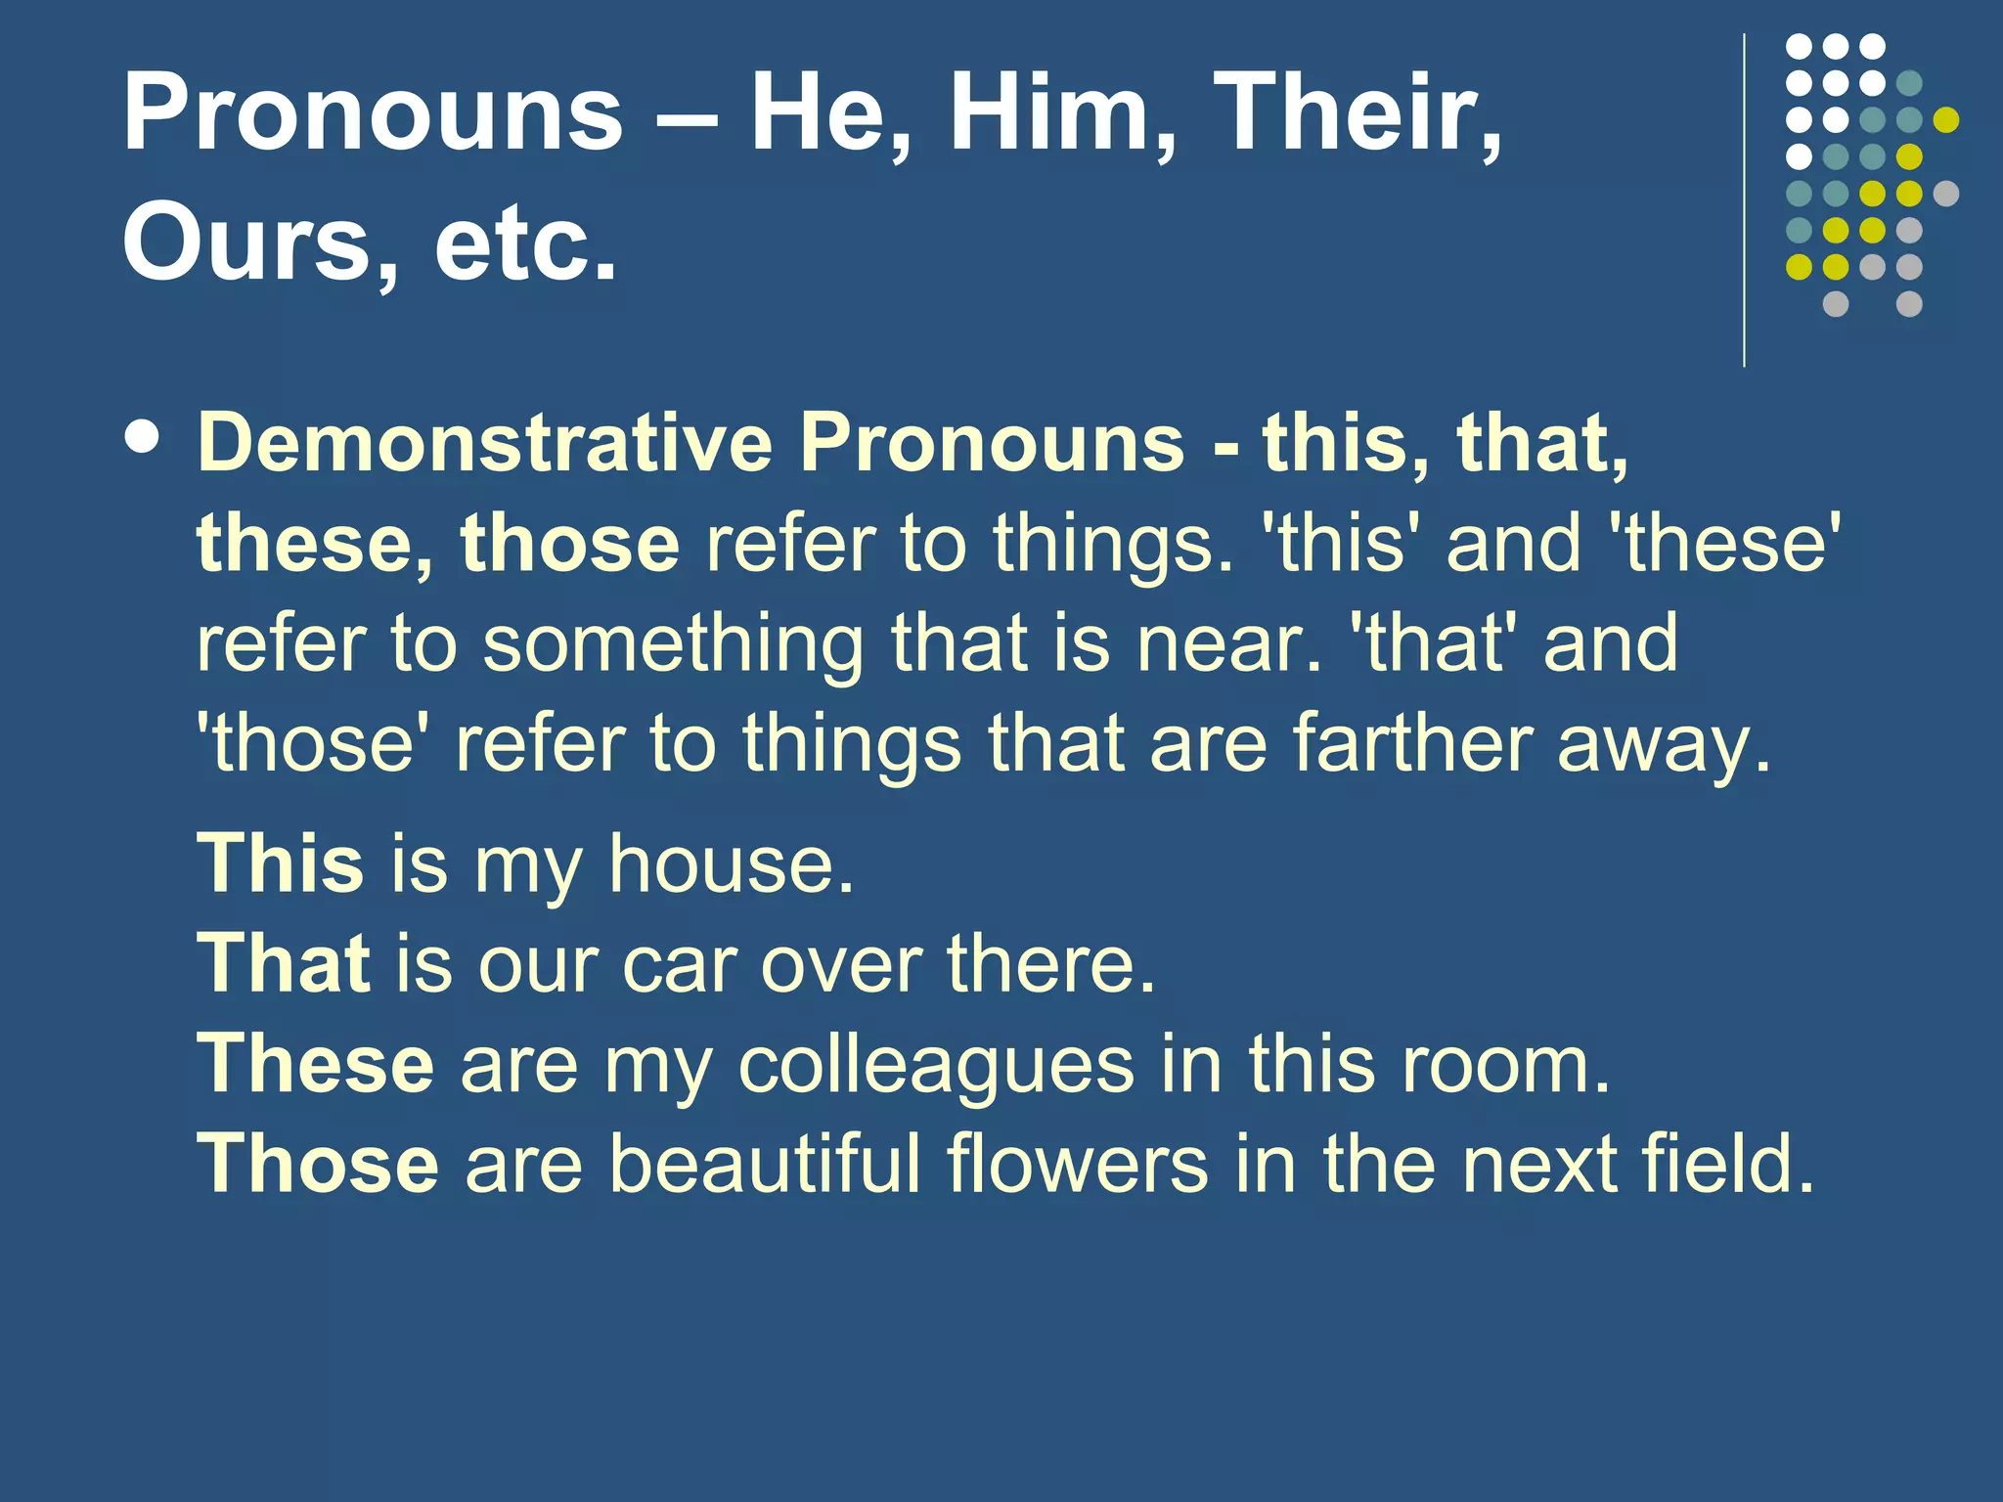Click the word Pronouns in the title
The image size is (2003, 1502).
point(373,113)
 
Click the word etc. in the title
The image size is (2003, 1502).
point(525,241)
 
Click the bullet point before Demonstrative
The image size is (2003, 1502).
point(144,437)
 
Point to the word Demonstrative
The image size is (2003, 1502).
point(486,443)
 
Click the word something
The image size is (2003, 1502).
point(673,645)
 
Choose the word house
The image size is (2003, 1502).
point(731,864)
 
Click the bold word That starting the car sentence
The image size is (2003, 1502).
point(284,963)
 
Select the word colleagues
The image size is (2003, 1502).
point(936,1066)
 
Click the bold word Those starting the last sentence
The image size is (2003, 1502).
point(318,1164)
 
